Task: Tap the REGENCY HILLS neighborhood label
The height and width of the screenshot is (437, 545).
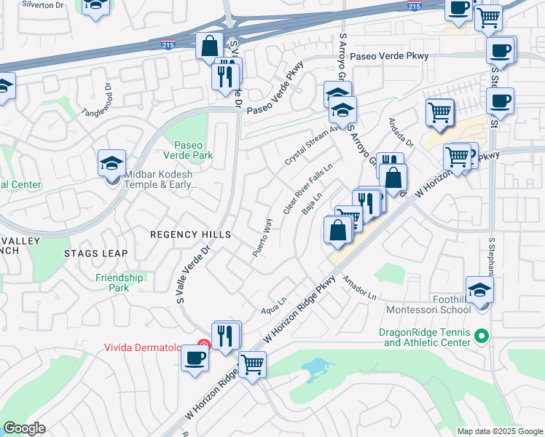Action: click(x=190, y=235)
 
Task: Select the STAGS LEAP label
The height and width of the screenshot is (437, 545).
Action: click(x=96, y=253)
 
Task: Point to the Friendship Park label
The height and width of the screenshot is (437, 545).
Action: click(x=119, y=283)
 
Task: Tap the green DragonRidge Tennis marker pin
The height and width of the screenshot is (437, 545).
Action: click(x=481, y=336)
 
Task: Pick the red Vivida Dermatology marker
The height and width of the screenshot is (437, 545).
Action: click(x=204, y=345)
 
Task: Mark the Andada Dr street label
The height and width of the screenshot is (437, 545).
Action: click(x=400, y=132)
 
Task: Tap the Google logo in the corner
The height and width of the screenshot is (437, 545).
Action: click(x=25, y=428)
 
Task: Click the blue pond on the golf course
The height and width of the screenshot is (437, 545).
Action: click(x=315, y=368)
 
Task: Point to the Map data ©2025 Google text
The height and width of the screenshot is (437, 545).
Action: click(x=500, y=431)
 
